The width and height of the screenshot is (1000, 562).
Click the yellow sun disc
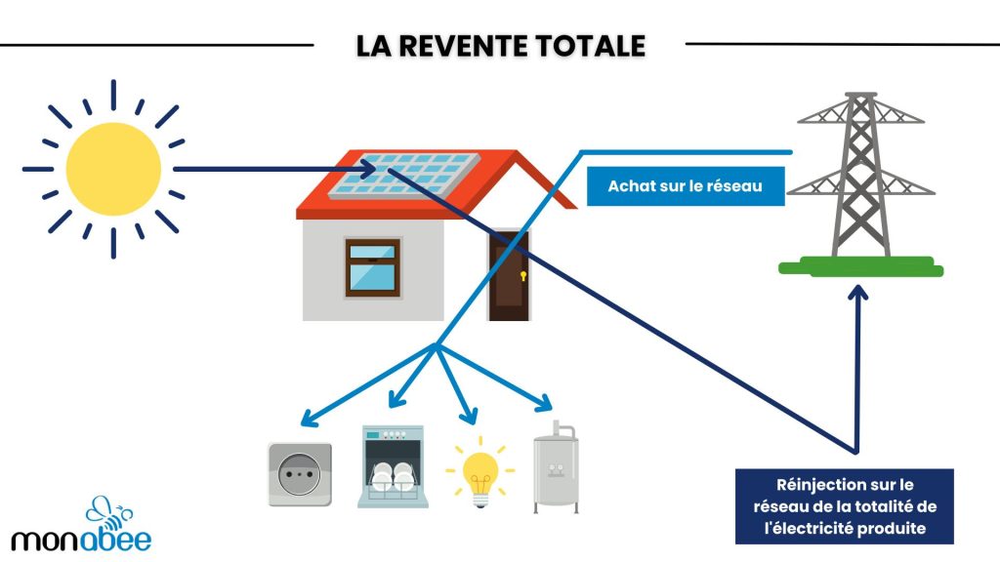pos(112,169)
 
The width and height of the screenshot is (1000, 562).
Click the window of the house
pos(372,266)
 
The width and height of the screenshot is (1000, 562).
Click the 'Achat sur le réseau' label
pos(685,185)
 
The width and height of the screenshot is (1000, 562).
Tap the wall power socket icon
pos(300,474)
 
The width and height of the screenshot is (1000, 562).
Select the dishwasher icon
pos(392,465)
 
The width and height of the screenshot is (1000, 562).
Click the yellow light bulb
pos(479,470)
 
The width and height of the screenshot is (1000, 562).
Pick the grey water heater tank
pos(556,468)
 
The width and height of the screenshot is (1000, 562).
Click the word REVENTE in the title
pos(458,45)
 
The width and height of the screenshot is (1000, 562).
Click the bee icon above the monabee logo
pos(105,511)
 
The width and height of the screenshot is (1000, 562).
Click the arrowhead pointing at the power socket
pos(308,421)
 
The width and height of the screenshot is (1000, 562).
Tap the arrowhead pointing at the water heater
pos(545,402)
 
